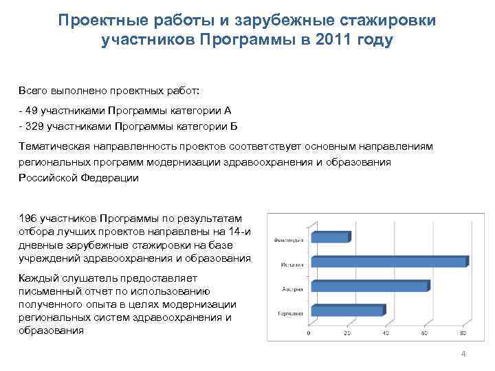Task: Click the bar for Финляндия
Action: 331,237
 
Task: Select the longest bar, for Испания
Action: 389,262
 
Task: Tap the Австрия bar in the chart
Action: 370,286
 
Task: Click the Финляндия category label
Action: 288,240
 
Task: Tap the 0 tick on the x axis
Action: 309,333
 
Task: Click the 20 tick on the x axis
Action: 347,333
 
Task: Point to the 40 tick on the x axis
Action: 386,333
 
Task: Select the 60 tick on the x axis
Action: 425,333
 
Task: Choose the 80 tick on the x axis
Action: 463,333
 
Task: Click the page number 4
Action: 463,354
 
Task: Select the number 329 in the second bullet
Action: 34,126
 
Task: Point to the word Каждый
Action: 38,278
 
